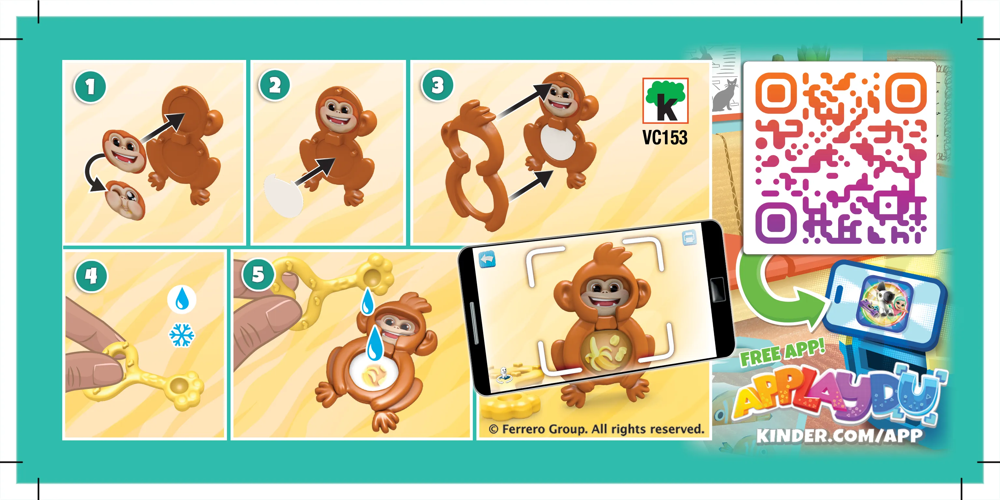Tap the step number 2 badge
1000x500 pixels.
(275, 85)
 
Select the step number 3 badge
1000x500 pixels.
(437, 85)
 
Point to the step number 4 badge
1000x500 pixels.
(91, 276)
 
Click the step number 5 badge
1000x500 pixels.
(258, 275)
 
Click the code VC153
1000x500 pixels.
(665, 138)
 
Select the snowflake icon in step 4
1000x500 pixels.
(182, 335)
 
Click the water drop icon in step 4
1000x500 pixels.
(182, 299)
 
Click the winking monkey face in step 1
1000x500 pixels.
(125, 200)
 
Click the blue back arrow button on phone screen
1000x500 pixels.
(487, 259)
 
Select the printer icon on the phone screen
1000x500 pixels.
(689, 237)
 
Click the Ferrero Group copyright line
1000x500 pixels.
(596, 429)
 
